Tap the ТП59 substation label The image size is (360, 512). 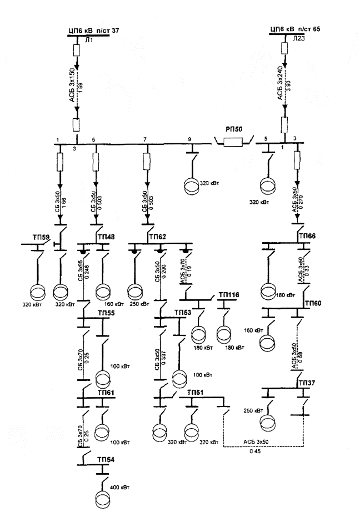pyautogui.click(x=41, y=237)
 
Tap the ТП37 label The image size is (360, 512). pyautogui.click(x=306, y=383)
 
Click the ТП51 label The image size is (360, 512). pyautogui.click(x=196, y=392)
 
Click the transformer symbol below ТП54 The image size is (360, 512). pyautogui.click(x=102, y=495)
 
